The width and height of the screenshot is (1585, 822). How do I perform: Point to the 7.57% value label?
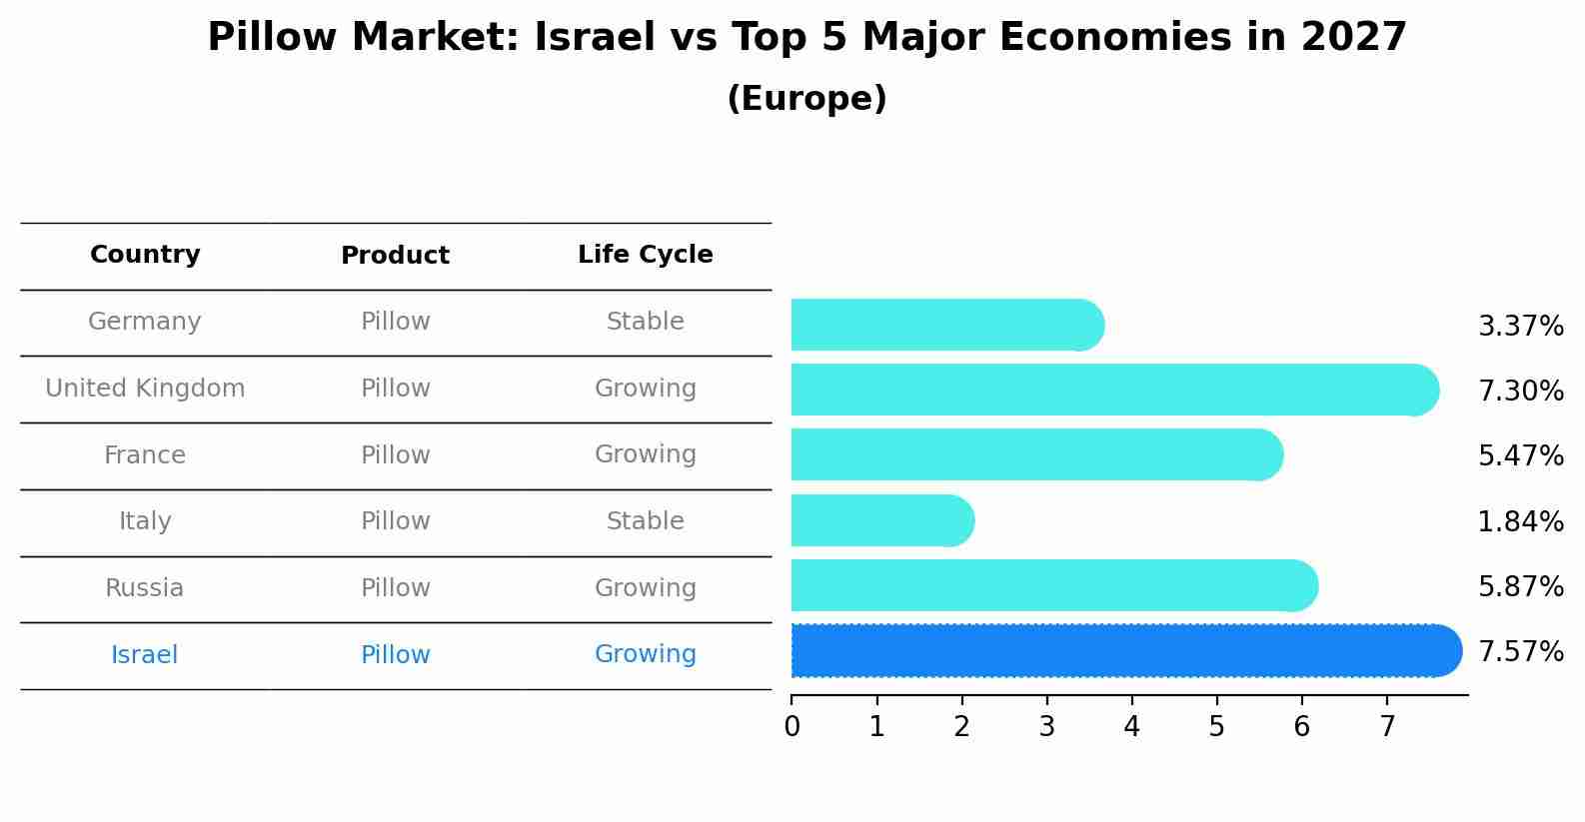(x=1520, y=652)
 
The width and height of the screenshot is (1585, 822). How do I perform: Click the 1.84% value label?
(x=1520, y=521)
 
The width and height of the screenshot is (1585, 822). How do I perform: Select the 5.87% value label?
(x=1520, y=586)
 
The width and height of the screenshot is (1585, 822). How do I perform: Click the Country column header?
(x=145, y=255)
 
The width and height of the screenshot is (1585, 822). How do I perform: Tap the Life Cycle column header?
(x=645, y=255)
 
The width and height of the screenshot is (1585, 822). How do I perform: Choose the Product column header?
(x=395, y=256)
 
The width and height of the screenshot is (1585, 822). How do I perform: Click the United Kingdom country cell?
(x=145, y=389)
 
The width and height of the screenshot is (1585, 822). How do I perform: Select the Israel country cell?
(x=145, y=655)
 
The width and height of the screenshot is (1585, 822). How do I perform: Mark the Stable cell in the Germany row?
(x=645, y=322)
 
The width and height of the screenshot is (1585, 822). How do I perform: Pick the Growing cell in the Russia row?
(x=645, y=588)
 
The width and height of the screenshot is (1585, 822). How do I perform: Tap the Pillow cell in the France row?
(x=395, y=455)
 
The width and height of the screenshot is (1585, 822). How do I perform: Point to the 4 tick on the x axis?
(x=1131, y=727)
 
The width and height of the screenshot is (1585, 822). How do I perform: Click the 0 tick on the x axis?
(x=792, y=727)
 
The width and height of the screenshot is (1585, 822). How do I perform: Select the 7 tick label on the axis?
(x=1386, y=727)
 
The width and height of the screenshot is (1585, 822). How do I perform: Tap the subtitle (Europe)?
(x=806, y=99)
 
